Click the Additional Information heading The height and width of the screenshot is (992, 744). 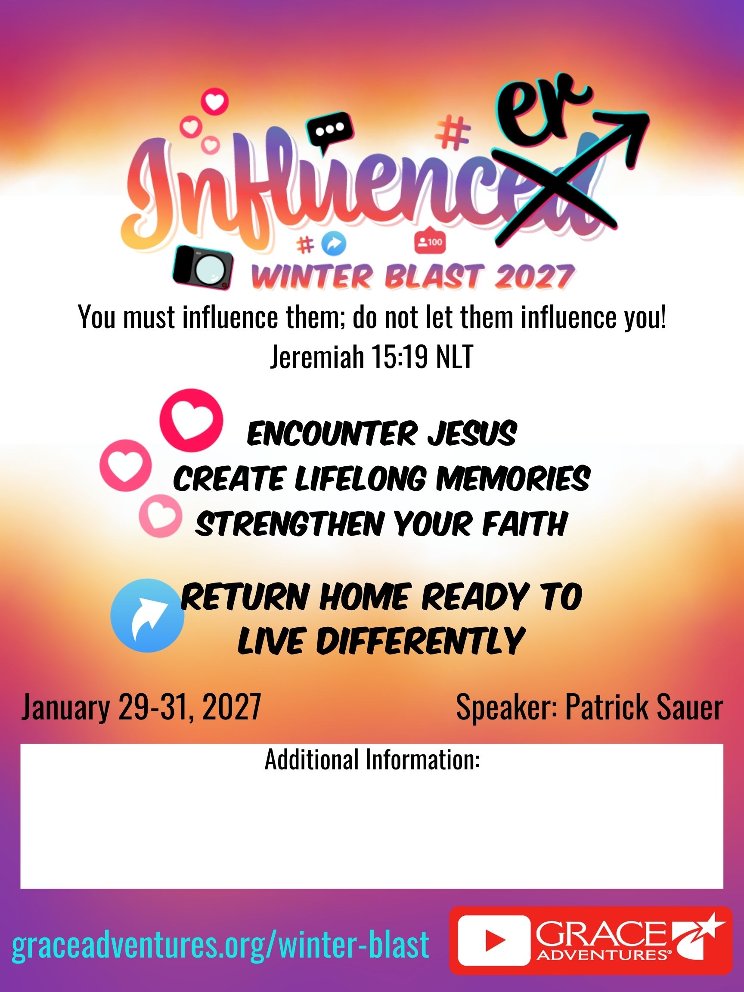pos(372,759)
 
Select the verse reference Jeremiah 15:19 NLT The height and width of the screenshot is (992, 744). pos(372,358)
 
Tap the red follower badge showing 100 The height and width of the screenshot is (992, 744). pos(430,242)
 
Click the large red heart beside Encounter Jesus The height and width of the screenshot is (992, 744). pos(192,420)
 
